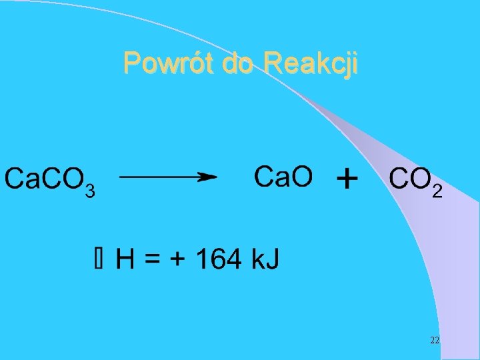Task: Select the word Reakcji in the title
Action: tap(311, 64)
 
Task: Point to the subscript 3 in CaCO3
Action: tap(91, 191)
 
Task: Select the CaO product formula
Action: tap(283, 177)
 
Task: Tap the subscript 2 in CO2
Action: tap(437, 192)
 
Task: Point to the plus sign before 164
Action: tap(178, 259)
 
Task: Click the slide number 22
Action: tap(434, 341)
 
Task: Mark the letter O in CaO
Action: tap(300, 177)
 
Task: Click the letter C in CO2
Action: tap(398, 179)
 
